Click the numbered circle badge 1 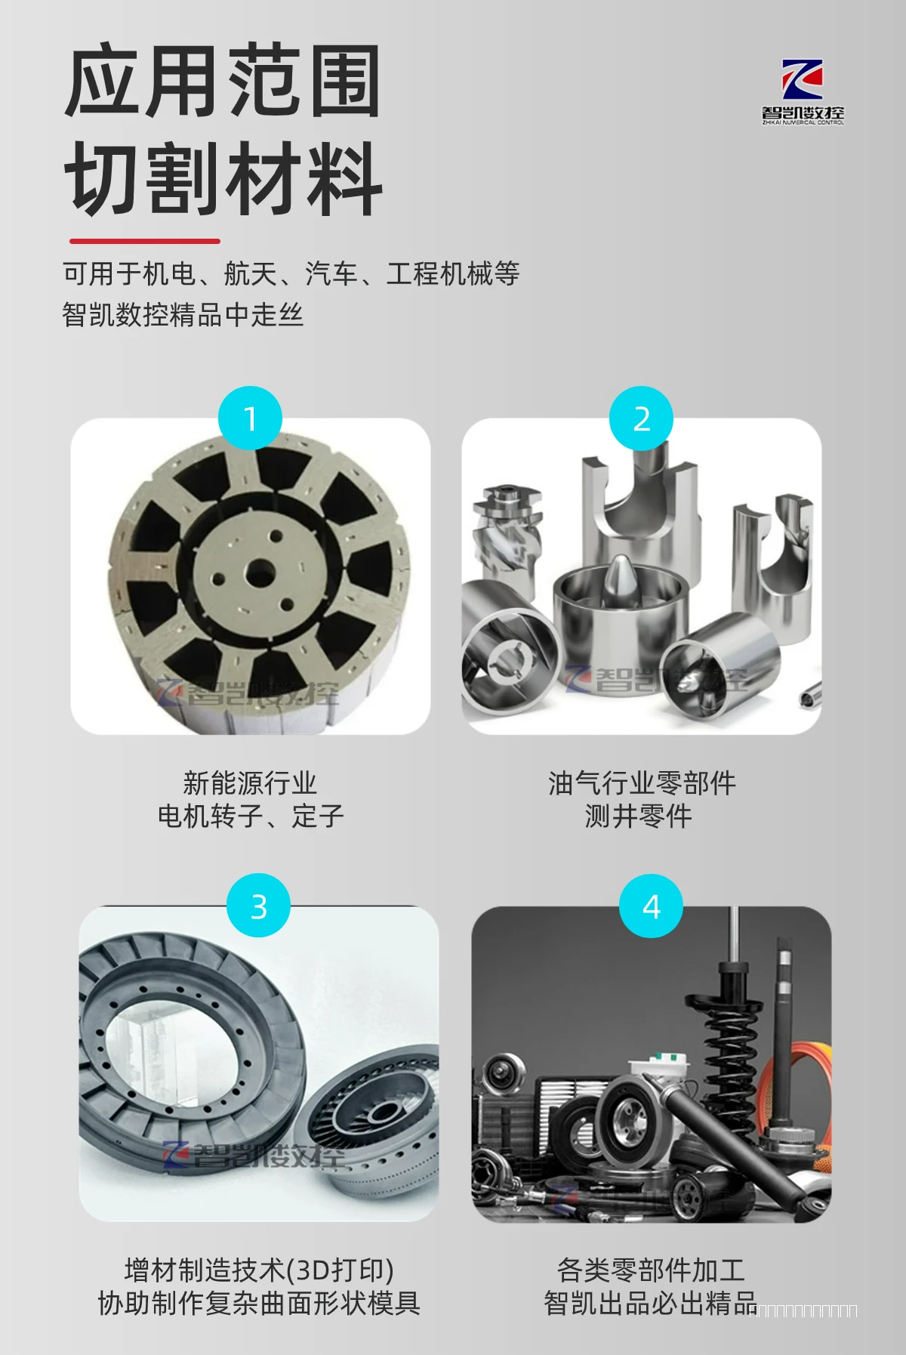[250, 418]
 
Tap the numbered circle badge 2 [642, 418]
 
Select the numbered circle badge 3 [258, 906]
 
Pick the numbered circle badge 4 [651, 906]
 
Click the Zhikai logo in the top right [803, 91]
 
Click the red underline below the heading [144, 241]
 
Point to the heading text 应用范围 [223, 82]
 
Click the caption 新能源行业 [250, 782]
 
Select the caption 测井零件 [639, 816]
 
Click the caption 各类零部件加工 [651, 1270]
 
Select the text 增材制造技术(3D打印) [259, 1270]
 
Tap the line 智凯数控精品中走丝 [183, 314]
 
